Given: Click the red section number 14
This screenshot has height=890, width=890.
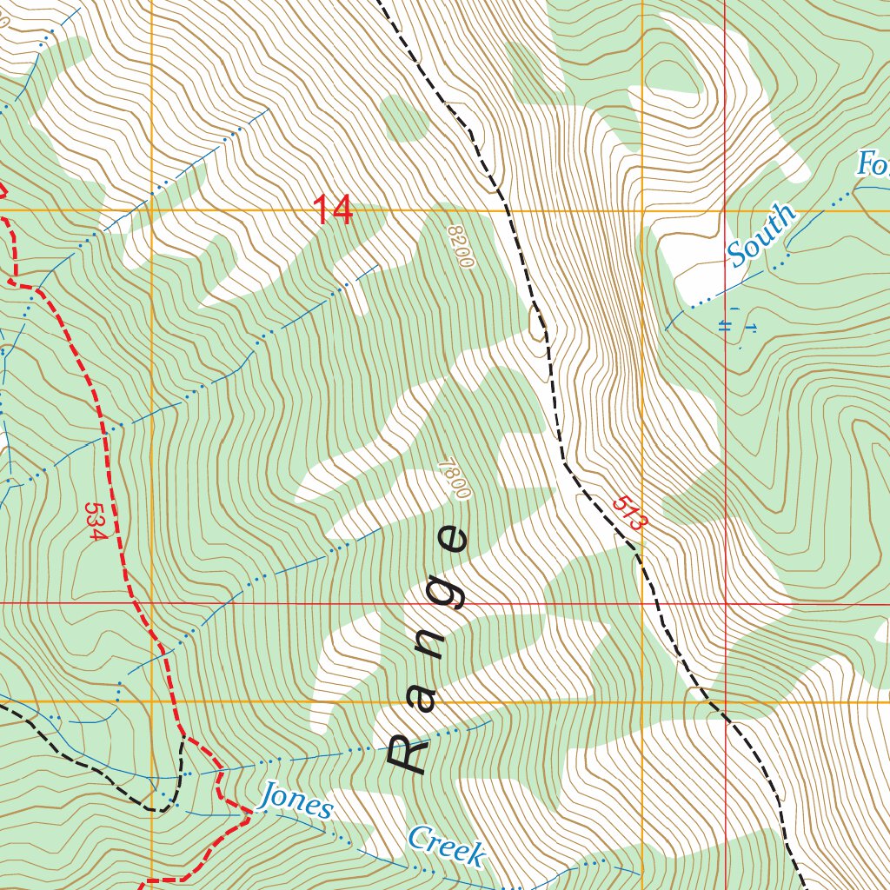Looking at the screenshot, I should tap(333, 210).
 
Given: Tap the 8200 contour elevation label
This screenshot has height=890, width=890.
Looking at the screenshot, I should tap(460, 247).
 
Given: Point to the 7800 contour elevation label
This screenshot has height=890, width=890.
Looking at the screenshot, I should tap(455, 479).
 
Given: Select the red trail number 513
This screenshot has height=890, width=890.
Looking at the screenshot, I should tap(630, 514).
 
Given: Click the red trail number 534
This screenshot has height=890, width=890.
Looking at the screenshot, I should tap(95, 520).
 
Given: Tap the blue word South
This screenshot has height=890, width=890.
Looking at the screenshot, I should tap(761, 235).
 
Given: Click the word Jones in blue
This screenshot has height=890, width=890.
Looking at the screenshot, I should tap(296, 801).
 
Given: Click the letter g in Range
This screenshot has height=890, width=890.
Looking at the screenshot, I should tap(448, 593).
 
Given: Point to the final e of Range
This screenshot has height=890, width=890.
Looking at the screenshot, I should tap(452, 541).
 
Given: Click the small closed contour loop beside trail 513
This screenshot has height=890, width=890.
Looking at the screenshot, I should tap(537, 321).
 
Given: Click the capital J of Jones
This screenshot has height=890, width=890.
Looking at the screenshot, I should tap(271, 794).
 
